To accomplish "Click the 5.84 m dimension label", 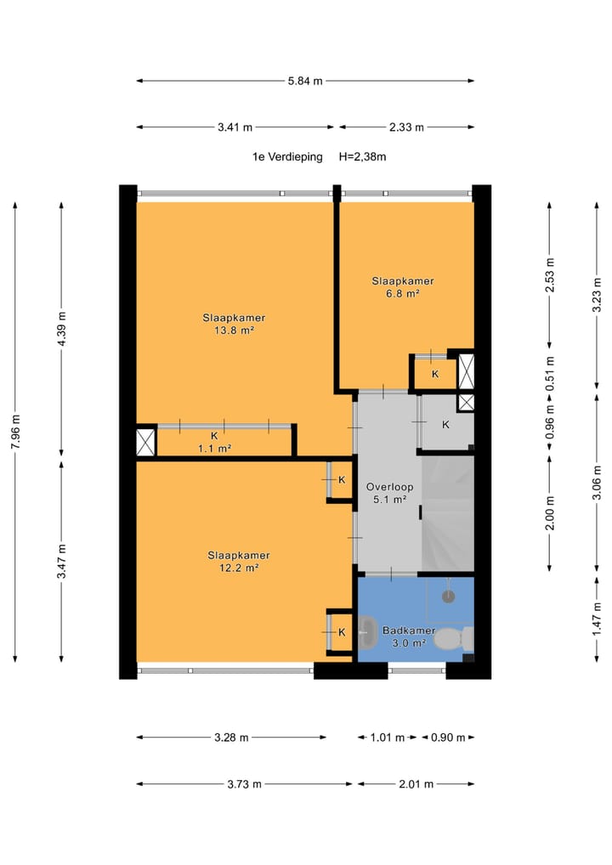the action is click(305, 81).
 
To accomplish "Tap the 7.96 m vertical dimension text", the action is click(16, 431).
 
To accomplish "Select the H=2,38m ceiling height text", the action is click(363, 156).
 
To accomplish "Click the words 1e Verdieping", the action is click(287, 156).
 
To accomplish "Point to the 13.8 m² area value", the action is click(234, 331).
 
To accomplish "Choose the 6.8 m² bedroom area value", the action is click(403, 293).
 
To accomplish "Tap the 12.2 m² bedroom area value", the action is click(239, 568).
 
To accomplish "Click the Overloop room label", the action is click(389, 487).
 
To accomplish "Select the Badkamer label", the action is click(409, 630).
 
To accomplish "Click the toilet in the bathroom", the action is click(454, 639).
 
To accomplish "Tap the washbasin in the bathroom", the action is click(365, 632).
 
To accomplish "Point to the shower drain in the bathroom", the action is click(449, 596).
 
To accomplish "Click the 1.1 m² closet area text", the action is click(215, 449).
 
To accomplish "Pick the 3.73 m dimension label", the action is click(245, 784).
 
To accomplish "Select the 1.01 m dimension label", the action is click(388, 738).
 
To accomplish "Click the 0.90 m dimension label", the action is click(448, 738).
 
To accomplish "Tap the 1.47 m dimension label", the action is click(597, 619).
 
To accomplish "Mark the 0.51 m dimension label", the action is click(550, 374).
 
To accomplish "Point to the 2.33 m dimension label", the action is click(406, 127).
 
